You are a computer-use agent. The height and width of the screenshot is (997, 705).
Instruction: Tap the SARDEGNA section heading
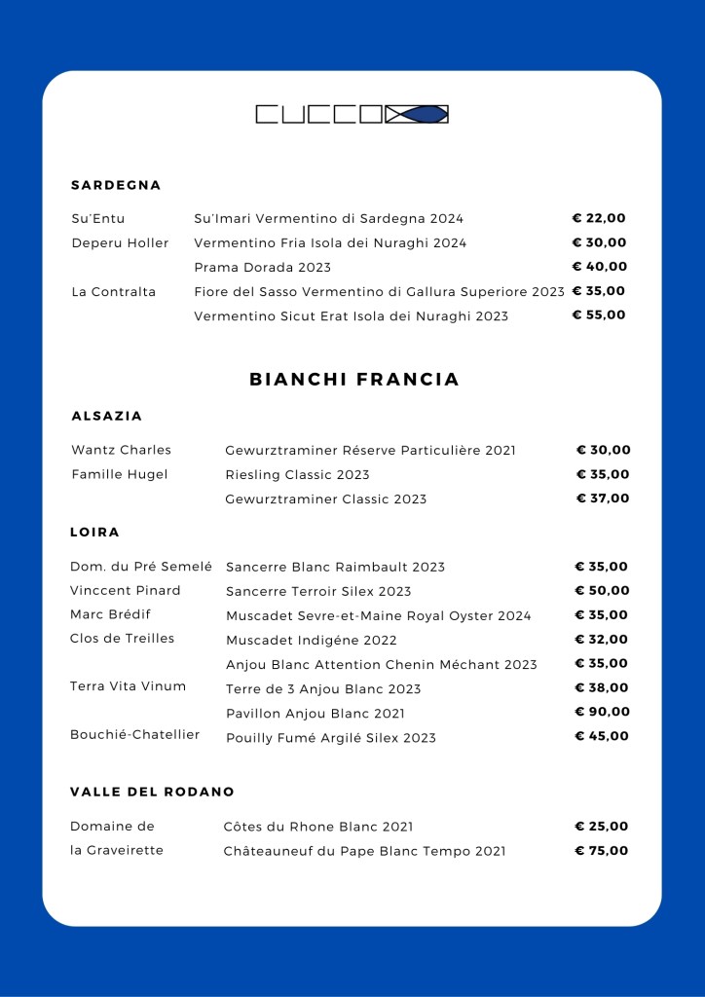click(116, 185)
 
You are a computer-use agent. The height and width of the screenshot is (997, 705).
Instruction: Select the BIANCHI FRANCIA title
click(354, 380)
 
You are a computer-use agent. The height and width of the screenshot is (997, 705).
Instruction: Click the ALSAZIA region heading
click(107, 416)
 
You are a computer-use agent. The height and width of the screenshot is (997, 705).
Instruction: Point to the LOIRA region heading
click(94, 533)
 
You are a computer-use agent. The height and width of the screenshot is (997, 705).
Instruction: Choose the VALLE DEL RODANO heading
click(152, 792)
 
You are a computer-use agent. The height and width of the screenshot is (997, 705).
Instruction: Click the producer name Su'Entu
click(98, 218)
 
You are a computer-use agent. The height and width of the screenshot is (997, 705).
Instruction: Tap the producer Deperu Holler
click(120, 242)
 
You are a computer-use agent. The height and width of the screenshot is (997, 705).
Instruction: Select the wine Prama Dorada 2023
click(263, 267)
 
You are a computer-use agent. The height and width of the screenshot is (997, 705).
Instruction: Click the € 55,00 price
click(599, 314)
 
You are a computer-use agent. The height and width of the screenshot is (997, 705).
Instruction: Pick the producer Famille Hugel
click(119, 474)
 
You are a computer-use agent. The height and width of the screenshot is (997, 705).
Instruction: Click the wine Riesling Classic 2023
click(297, 475)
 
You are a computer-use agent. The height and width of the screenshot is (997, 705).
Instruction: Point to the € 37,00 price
click(603, 498)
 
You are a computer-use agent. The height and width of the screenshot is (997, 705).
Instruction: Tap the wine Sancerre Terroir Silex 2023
click(318, 591)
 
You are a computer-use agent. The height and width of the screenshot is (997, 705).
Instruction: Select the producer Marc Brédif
click(110, 614)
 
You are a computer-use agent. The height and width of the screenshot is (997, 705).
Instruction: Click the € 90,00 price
click(602, 712)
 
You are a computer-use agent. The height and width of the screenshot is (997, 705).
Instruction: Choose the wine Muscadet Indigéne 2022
click(312, 641)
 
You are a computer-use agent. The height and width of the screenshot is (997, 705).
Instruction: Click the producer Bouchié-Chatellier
click(134, 734)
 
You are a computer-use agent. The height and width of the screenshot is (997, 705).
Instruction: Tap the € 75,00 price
click(602, 850)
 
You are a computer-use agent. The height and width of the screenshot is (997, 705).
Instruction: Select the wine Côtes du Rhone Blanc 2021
click(318, 827)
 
